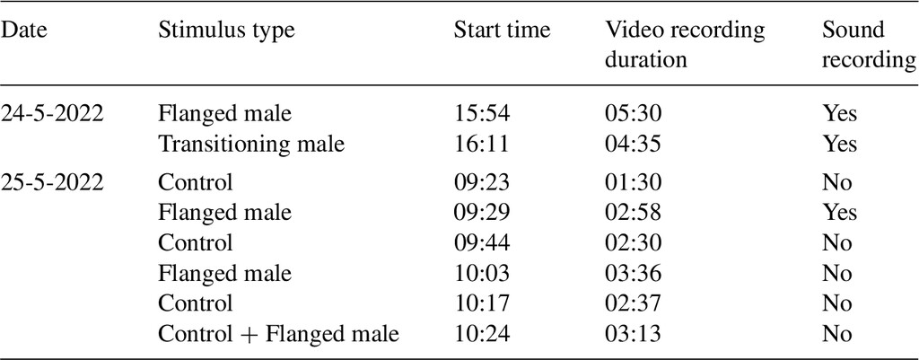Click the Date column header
[23, 31]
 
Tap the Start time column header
[503, 31]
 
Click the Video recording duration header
[685, 45]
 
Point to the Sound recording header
[869, 45]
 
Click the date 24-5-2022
[52, 114]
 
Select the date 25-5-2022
[52, 182]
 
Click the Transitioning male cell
[251, 145]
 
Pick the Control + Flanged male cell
[278, 335]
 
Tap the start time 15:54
[482, 114]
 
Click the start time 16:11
[482, 145]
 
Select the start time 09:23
[482, 182]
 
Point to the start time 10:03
[482, 274]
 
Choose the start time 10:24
[482, 334]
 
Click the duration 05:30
[633, 114]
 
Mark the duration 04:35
[633, 145]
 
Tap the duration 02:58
[633, 213]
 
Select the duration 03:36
[633, 274]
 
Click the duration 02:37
[633, 303]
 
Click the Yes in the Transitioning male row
[839, 145]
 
